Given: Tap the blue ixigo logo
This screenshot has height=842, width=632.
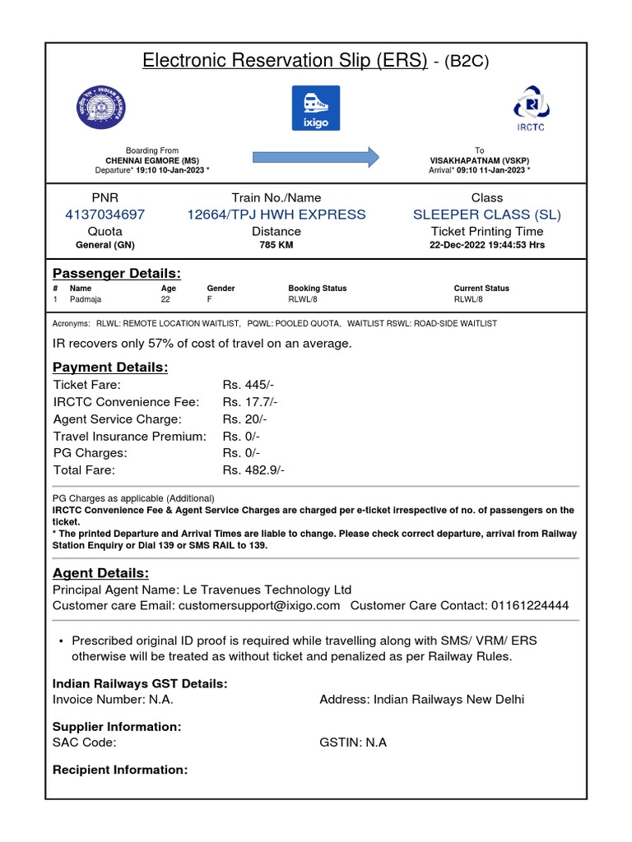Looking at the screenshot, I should (x=316, y=107).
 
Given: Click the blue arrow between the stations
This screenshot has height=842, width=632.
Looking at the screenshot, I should (x=315, y=156).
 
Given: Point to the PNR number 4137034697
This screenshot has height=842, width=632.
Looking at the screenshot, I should (x=105, y=215).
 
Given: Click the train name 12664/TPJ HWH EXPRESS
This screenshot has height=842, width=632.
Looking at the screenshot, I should (x=276, y=215).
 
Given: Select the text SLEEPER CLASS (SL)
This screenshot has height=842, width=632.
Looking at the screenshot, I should (x=487, y=215).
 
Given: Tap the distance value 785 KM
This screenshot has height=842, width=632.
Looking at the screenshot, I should (x=276, y=245).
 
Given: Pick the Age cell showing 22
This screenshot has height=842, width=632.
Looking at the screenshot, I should (x=165, y=300).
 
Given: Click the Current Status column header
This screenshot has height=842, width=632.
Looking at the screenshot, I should (x=481, y=289).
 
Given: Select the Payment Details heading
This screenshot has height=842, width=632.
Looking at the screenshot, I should (x=110, y=367).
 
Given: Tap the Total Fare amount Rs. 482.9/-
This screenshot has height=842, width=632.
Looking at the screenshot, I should (x=253, y=470).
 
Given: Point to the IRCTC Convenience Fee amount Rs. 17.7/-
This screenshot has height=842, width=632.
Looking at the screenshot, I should (x=250, y=402).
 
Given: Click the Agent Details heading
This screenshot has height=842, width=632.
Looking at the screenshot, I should (x=100, y=572).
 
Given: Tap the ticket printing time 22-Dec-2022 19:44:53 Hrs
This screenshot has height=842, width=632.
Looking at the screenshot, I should (x=487, y=245).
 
